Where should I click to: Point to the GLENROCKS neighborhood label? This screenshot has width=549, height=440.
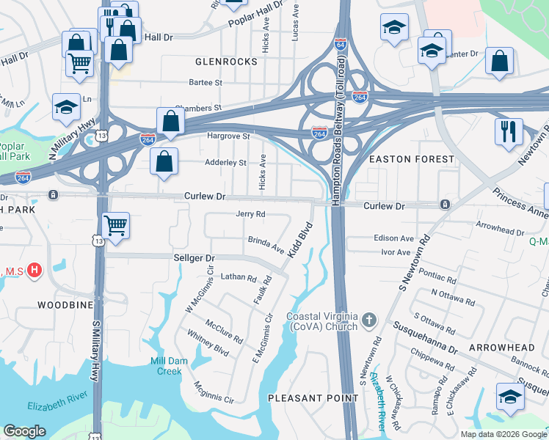(x=226, y=62)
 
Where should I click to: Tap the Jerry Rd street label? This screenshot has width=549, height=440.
(x=250, y=214)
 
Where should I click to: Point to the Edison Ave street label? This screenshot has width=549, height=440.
(x=394, y=238)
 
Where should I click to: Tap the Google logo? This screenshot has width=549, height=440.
(x=24, y=431)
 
